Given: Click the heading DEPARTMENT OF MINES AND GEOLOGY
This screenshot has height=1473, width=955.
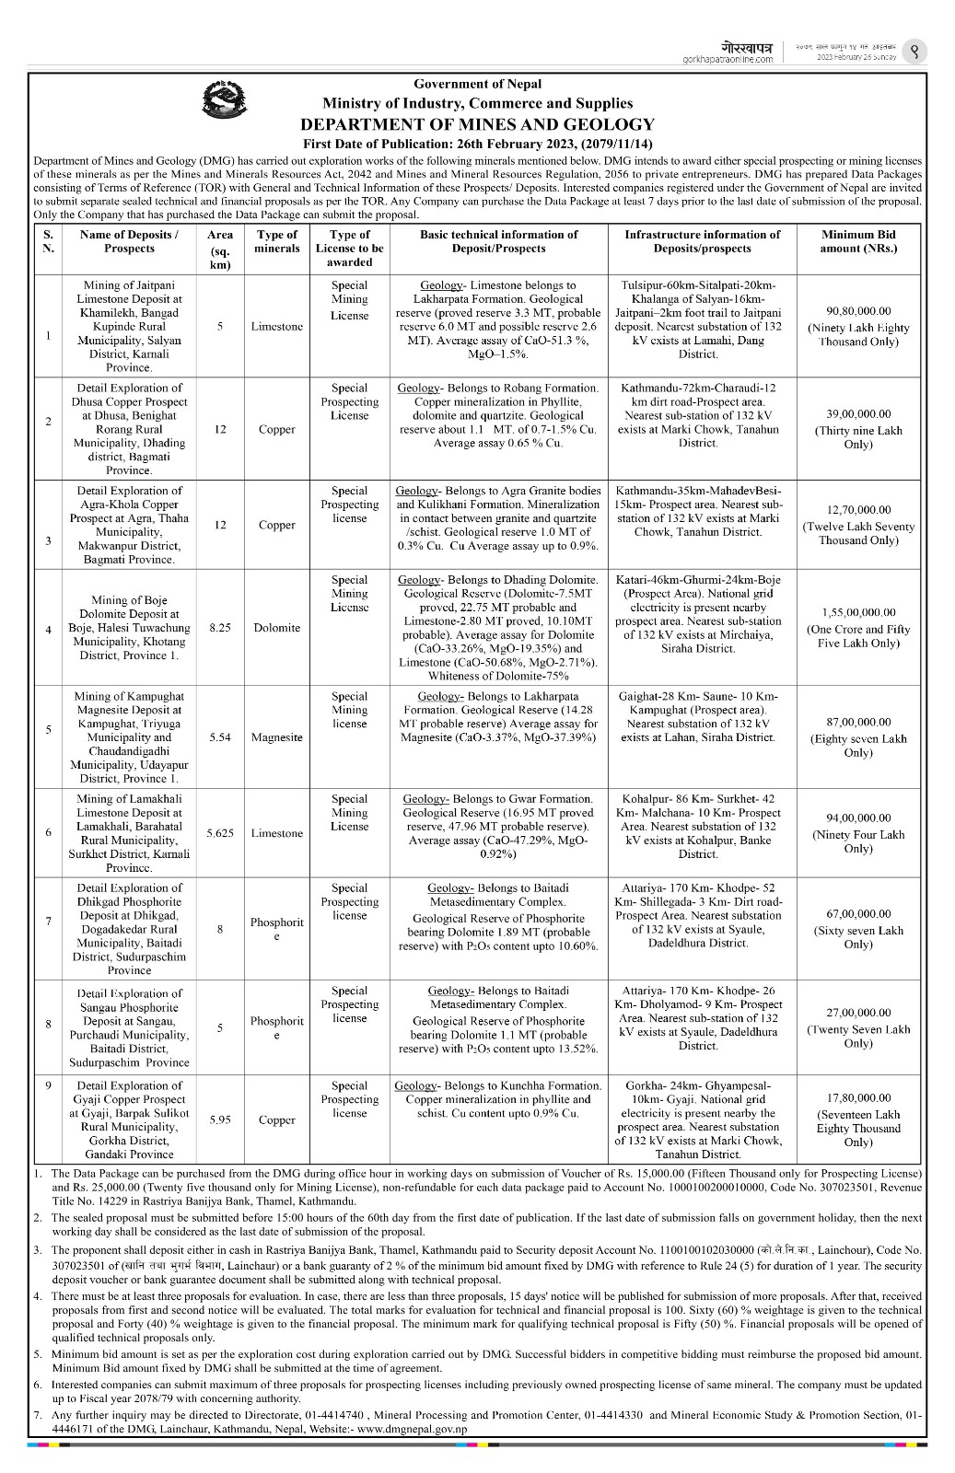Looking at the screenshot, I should (x=477, y=124).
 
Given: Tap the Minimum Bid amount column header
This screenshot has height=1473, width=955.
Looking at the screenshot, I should (x=858, y=241).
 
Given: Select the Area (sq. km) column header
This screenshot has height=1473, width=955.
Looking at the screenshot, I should (x=220, y=249).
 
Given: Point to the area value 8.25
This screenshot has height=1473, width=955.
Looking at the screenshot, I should (x=220, y=628).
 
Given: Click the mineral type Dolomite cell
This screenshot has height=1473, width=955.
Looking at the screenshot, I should (x=277, y=628).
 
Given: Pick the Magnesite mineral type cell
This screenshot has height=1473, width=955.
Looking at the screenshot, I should (x=277, y=737).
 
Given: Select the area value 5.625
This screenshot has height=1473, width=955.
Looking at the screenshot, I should (x=220, y=833).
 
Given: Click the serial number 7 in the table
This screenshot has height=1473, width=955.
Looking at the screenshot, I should (x=48, y=922).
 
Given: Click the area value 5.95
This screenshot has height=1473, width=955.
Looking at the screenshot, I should (x=220, y=1119).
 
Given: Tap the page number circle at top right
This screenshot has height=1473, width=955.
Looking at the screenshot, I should (x=914, y=52).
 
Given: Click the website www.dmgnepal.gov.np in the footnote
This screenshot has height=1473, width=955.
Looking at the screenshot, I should (x=411, y=1429).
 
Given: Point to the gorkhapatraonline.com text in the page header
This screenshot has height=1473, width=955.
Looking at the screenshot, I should (x=728, y=59).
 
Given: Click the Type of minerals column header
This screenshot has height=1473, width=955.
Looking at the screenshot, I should (x=277, y=241).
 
